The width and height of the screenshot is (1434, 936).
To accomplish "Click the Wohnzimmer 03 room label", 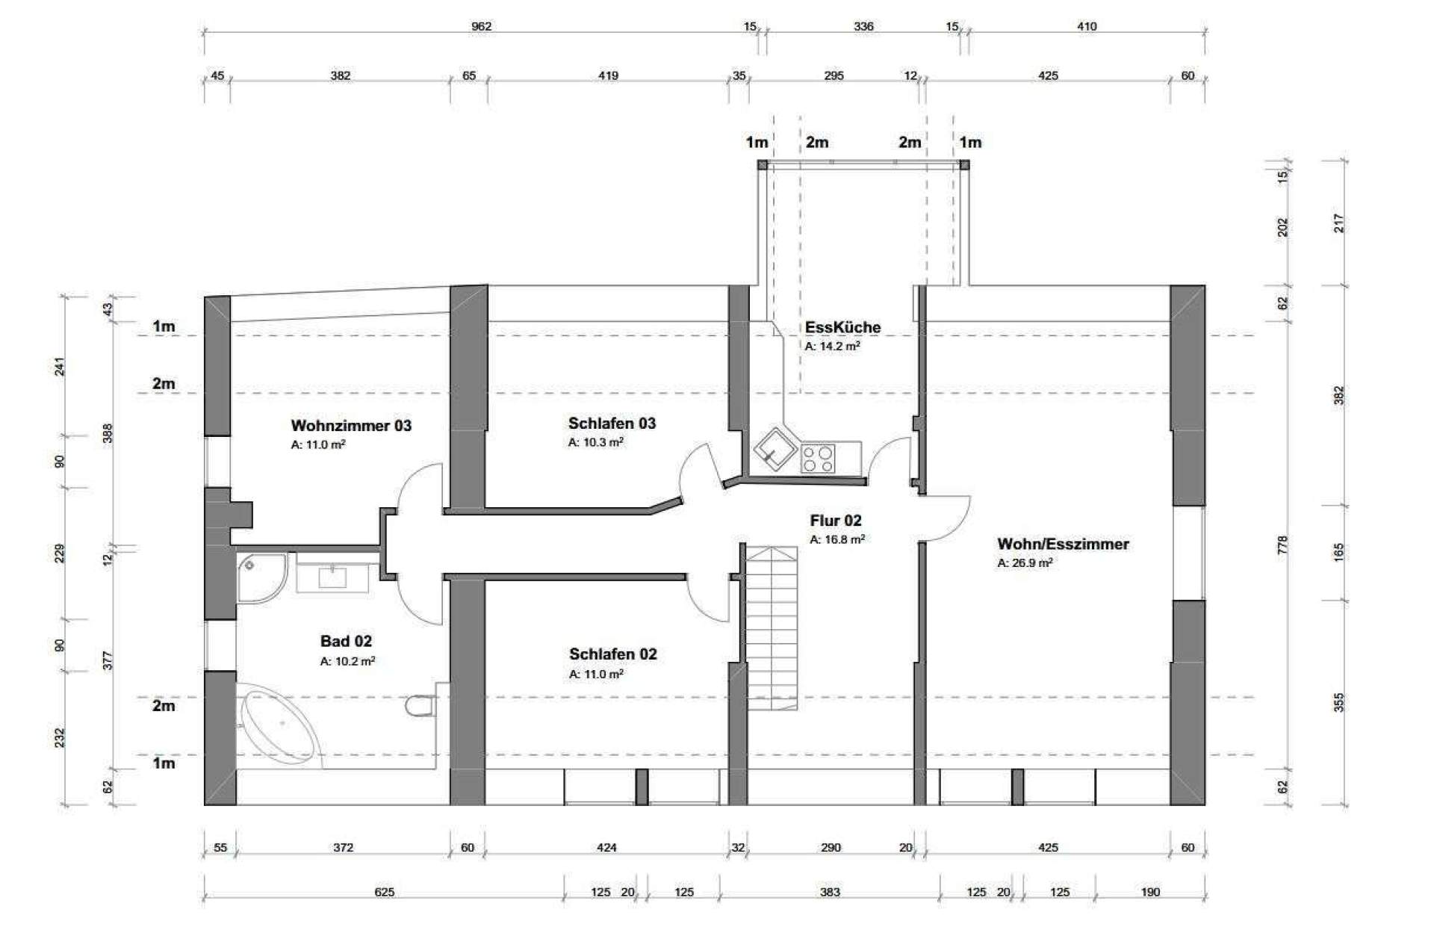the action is point(351,426).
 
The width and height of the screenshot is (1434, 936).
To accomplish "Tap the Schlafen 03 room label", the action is point(612,424).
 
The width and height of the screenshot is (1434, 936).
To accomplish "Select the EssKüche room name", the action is point(842,327).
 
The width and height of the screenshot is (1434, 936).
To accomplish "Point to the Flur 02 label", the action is point(836,521).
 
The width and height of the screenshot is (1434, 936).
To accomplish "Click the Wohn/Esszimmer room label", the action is point(1063,544).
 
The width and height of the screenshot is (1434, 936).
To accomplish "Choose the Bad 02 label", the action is point(346,641).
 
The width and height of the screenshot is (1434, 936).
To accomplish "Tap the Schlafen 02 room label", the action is point(613,654).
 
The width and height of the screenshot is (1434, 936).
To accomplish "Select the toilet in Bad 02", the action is point(420,706).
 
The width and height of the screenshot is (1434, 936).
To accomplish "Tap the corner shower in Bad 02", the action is point(261,578).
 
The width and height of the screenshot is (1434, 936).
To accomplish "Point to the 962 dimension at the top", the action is point(482,27).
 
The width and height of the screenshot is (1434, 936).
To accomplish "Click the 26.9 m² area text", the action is point(1025,563).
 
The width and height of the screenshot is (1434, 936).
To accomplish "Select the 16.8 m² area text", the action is point(837,539).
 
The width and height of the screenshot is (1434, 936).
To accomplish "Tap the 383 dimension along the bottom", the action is point(830,892).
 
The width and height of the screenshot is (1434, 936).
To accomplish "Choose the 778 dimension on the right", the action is point(1282,545).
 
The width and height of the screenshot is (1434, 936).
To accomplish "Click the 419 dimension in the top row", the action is point(608,75).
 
